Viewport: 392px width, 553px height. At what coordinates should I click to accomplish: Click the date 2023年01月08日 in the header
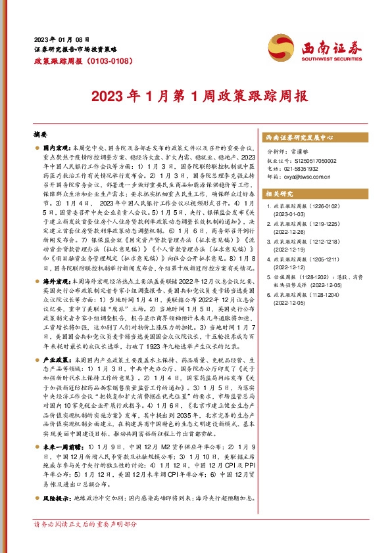pos(61,39)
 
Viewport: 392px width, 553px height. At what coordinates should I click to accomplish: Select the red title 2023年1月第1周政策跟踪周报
pos(196,96)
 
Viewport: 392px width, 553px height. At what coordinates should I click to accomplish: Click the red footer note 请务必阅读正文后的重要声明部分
pos(86,543)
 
